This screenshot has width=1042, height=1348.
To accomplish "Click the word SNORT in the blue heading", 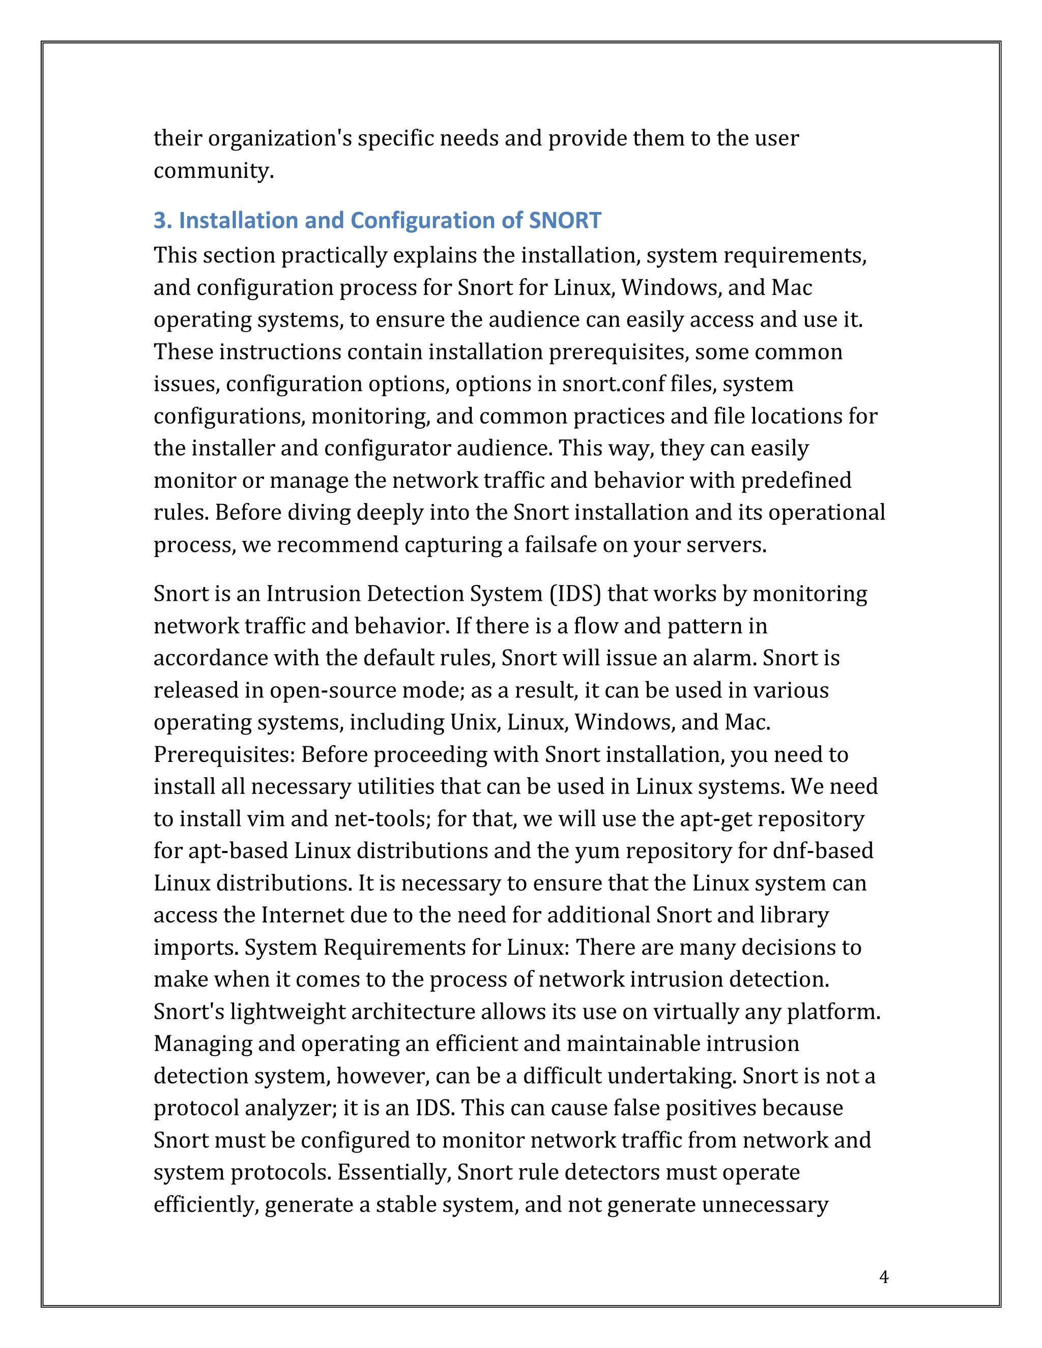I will pyautogui.click(x=565, y=220).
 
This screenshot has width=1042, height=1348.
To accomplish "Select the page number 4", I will pyautogui.click(x=883, y=1277).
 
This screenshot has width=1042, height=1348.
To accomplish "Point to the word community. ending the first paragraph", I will pyautogui.click(x=213, y=170).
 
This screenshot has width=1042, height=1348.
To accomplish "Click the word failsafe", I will pyautogui.click(x=561, y=544).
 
